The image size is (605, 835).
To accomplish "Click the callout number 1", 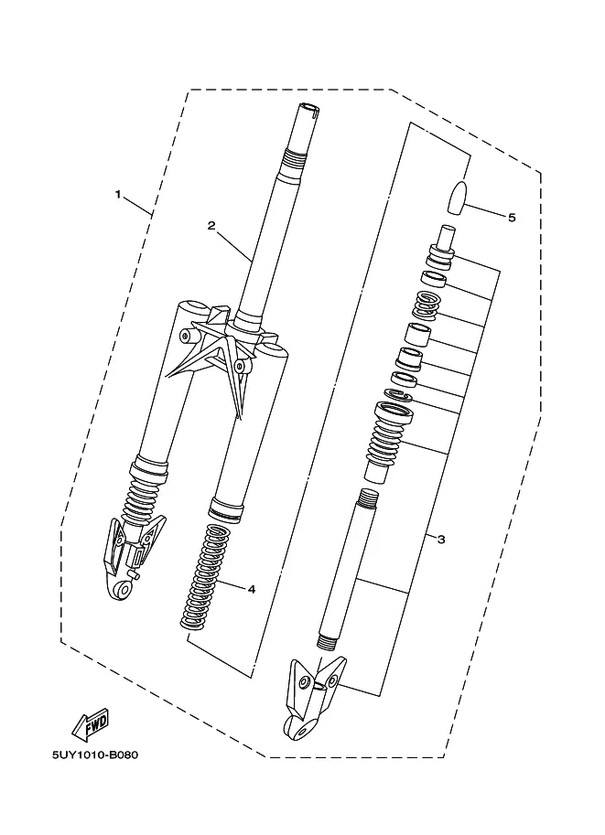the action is tap(118, 195).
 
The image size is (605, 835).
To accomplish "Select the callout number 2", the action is tap(211, 226).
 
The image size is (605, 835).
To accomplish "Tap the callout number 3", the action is tap(441, 540).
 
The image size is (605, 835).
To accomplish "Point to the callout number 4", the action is tap(252, 589).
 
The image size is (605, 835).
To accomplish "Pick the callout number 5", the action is tap(512, 218).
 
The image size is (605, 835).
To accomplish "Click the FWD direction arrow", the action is tap(91, 724).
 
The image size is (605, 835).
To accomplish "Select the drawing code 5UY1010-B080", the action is tap(95, 755).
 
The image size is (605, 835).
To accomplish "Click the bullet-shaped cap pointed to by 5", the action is tap(459, 198).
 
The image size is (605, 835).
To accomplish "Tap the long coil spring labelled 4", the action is tap(202, 576).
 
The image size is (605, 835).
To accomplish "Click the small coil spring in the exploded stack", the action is tap(426, 305).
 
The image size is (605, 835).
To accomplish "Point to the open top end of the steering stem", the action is tap(309, 107).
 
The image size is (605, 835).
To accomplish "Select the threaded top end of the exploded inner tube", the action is tap(367, 498).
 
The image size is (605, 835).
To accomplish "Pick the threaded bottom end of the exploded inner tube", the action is tap(326, 641).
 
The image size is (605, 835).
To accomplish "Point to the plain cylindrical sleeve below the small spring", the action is tap(418, 336).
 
